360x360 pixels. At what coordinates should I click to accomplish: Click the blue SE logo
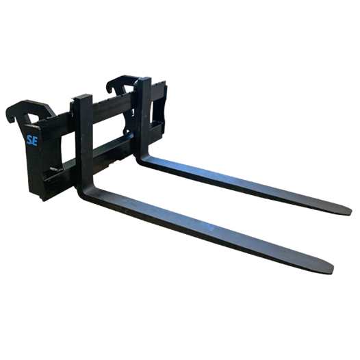coord(32,140)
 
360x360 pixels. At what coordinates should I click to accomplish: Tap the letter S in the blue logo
coord(29,140)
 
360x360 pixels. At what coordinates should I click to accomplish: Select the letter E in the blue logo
coord(35,141)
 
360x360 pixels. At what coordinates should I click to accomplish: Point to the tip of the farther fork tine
coord(350,211)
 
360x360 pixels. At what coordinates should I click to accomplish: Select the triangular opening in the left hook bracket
coord(32,118)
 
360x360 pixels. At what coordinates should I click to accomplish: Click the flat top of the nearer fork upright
coord(83,97)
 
